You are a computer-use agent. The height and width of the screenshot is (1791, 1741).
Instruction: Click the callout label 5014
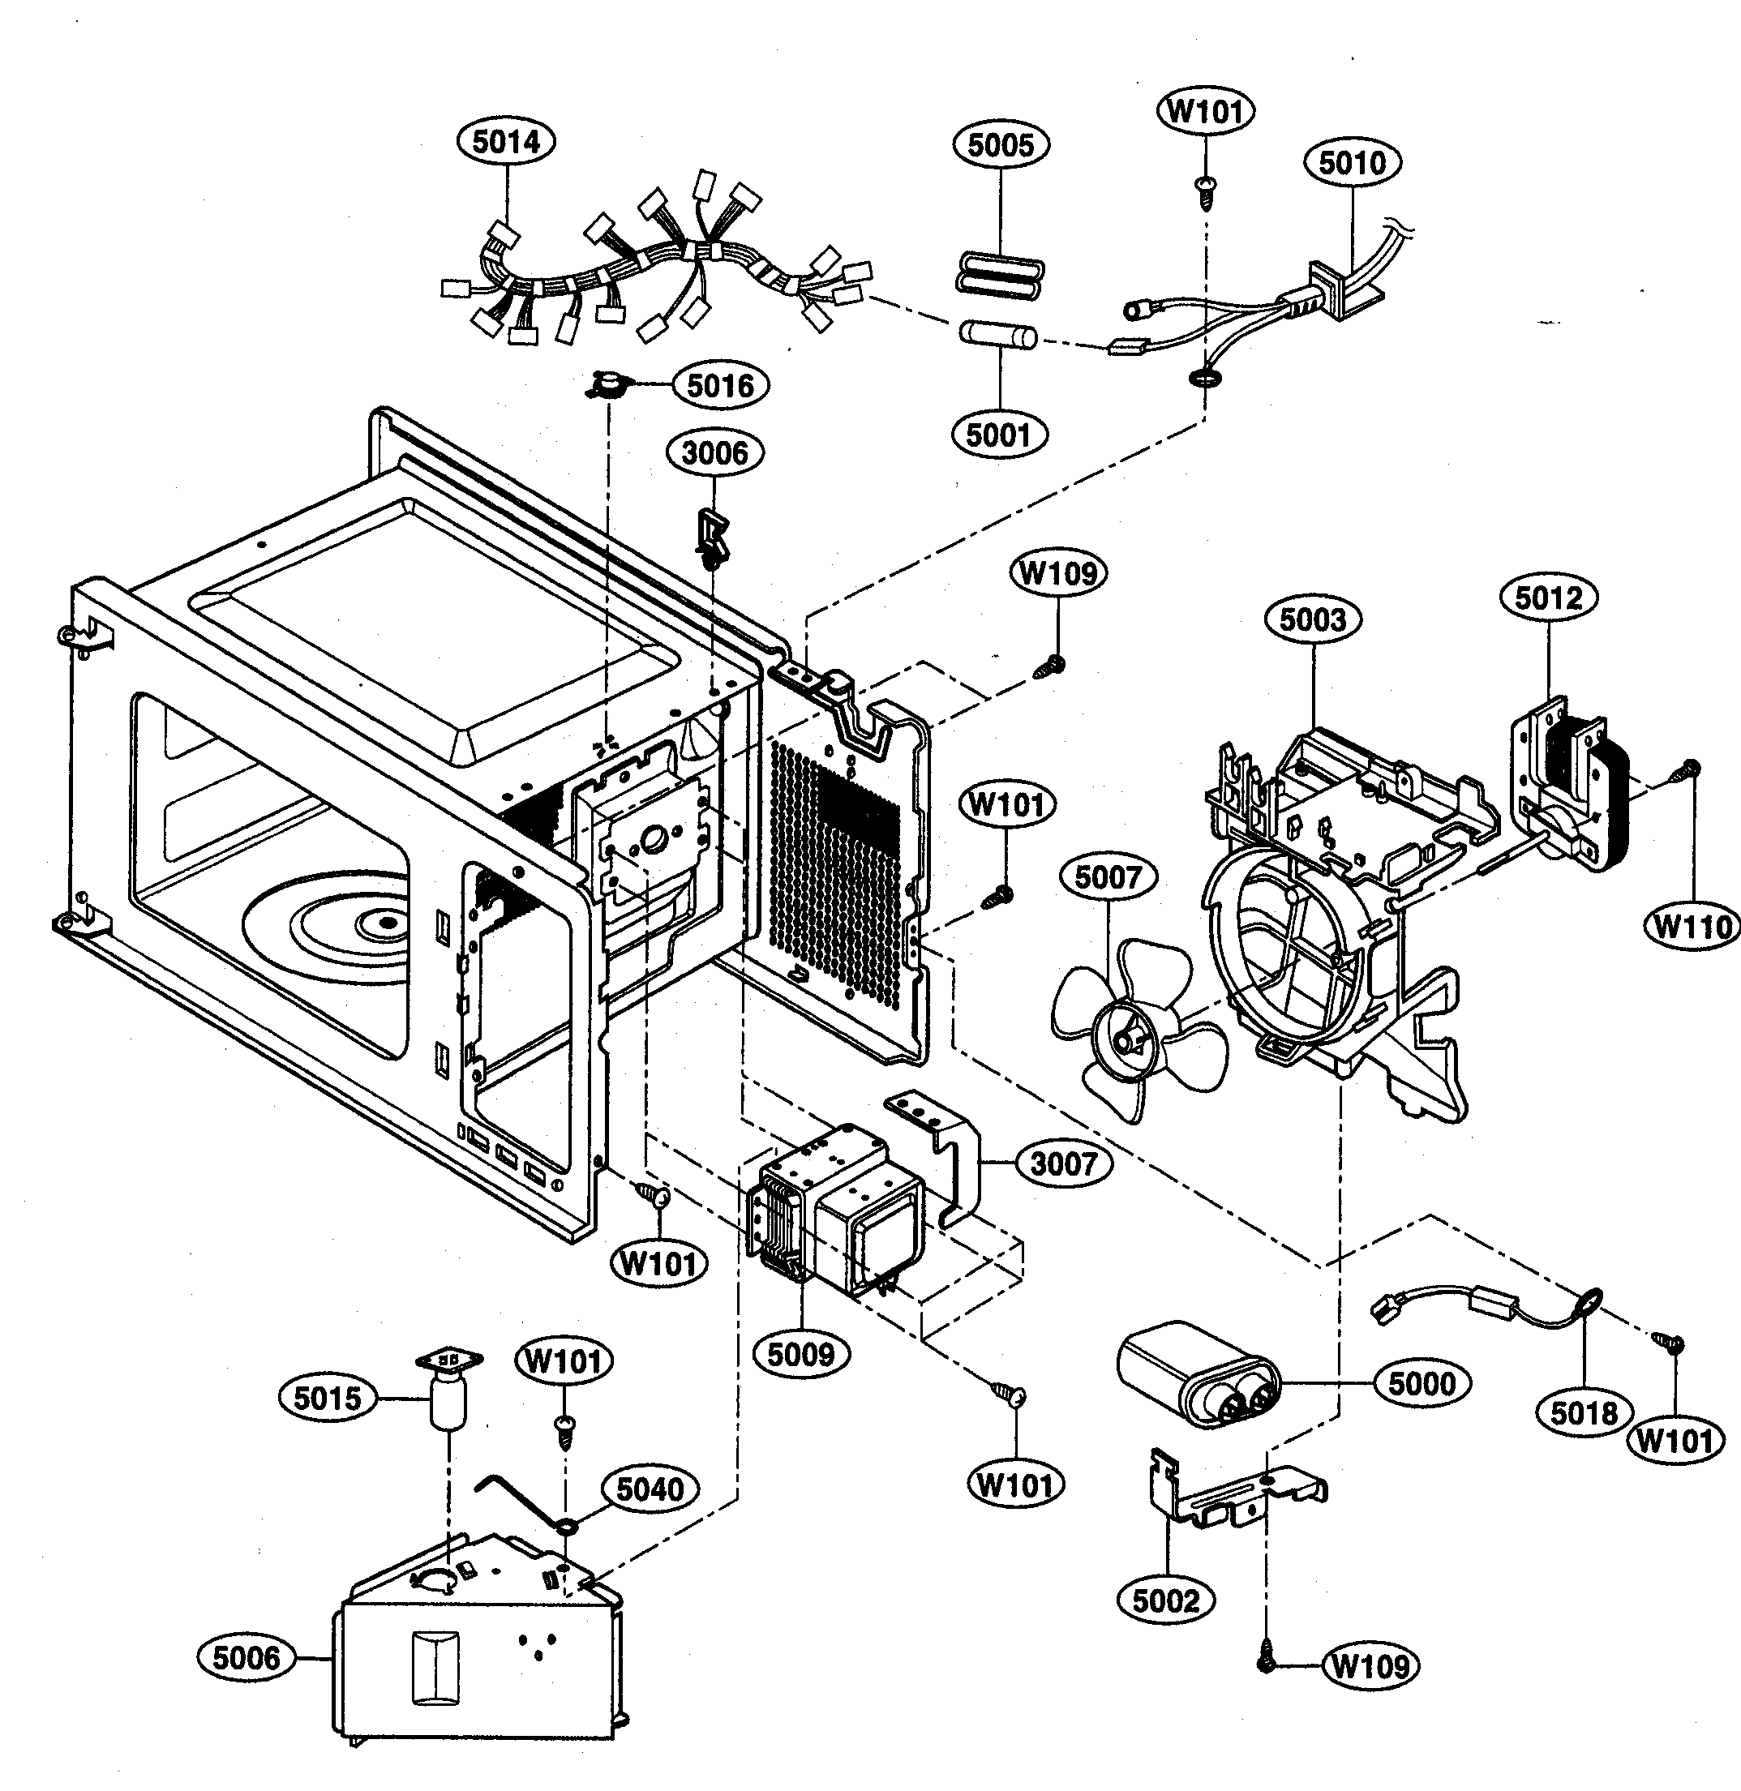[x=506, y=142]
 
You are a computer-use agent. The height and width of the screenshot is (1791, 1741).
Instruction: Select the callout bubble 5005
[x=1001, y=144]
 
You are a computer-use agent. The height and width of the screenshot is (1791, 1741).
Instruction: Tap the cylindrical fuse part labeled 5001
[x=997, y=336]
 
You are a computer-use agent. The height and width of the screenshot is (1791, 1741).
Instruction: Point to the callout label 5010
[x=1353, y=163]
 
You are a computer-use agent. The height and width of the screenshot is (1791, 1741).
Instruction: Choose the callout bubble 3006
[x=715, y=452]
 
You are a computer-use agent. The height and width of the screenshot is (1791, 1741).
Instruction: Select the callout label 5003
[x=1313, y=620]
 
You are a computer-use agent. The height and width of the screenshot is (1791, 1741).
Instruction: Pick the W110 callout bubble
[x=1693, y=927]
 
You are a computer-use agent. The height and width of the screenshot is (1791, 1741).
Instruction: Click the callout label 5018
[x=1584, y=1412]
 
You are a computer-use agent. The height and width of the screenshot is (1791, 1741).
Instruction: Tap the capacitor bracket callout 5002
[x=1166, y=1600]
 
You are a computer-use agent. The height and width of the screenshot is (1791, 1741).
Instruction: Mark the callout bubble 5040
[x=650, y=1489]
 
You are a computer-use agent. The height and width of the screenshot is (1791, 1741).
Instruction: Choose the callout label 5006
[x=246, y=1657]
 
